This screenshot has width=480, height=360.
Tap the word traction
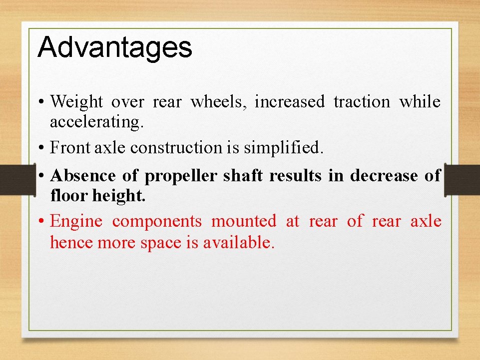click(x=362, y=102)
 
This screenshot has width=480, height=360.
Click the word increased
click(x=289, y=102)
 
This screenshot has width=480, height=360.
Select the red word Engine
click(x=76, y=222)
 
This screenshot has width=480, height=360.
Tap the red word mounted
click(x=243, y=221)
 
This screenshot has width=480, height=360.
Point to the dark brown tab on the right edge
click(x=462, y=179)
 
